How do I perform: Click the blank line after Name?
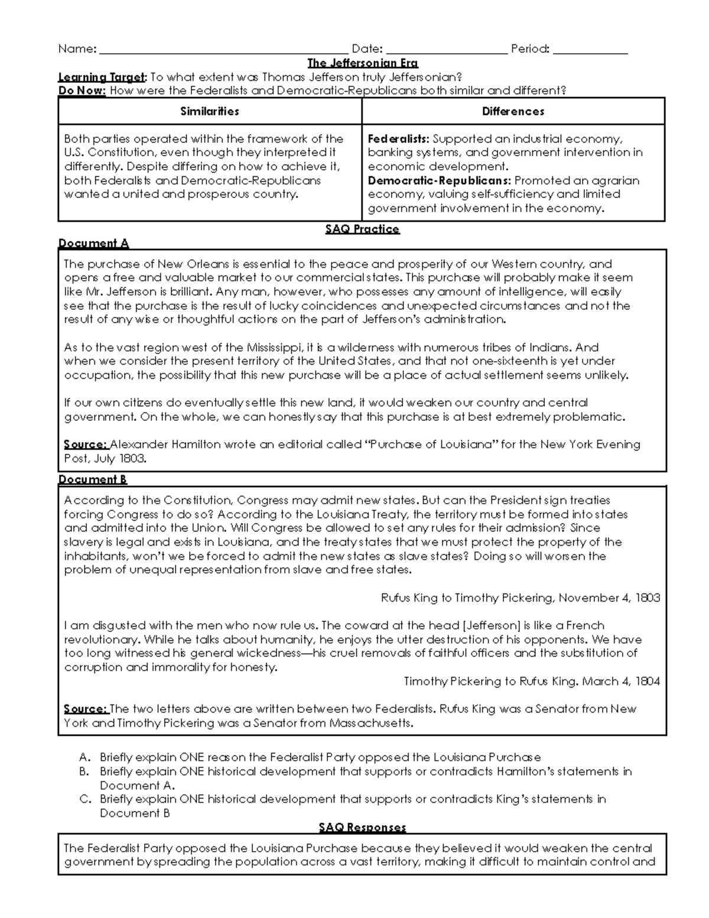pyautogui.click(x=223, y=50)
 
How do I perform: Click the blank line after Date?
pyautogui.click(x=446, y=50)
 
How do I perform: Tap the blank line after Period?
pyautogui.click(x=590, y=50)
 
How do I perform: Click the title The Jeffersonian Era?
pyautogui.click(x=362, y=63)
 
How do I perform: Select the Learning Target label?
pyautogui.click(x=101, y=77)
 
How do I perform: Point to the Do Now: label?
pyautogui.click(x=82, y=91)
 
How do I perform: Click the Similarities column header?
pyautogui.click(x=210, y=111)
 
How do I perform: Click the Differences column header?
pyautogui.click(x=513, y=111)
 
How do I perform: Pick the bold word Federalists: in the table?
pyautogui.click(x=398, y=139)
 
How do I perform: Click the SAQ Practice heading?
pyautogui.click(x=362, y=229)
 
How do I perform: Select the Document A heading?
pyautogui.click(x=93, y=243)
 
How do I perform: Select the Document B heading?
pyautogui.click(x=93, y=479)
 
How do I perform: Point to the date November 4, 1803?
pyautogui.click(x=609, y=598)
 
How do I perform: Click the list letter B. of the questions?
pyautogui.click(x=84, y=771)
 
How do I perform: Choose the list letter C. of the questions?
pyautogui.click(x=84, y=799)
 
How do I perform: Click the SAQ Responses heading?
pyautogui.click(x=362, y=827)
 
